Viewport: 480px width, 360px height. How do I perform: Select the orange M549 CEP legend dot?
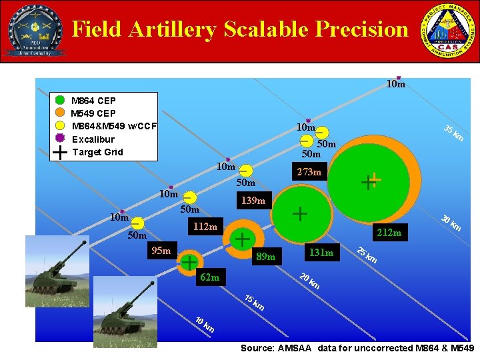coord(60,113)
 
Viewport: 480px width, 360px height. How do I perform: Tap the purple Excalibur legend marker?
coord(60,139)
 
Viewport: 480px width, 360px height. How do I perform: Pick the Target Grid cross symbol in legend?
coord(60,152)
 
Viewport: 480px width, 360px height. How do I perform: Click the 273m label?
coord(309,173)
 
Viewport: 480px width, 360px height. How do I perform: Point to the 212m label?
coord(389,233)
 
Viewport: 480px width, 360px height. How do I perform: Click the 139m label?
coord(253,200)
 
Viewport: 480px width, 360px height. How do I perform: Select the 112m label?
coord(205,227)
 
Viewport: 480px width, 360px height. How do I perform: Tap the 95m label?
coord(161,251)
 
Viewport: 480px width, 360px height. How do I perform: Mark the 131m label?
coord(320,252)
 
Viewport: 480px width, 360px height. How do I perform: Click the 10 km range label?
coord(204,325)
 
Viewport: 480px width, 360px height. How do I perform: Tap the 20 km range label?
coord(309,281)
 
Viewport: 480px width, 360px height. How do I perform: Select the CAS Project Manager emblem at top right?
coord(447,31)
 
